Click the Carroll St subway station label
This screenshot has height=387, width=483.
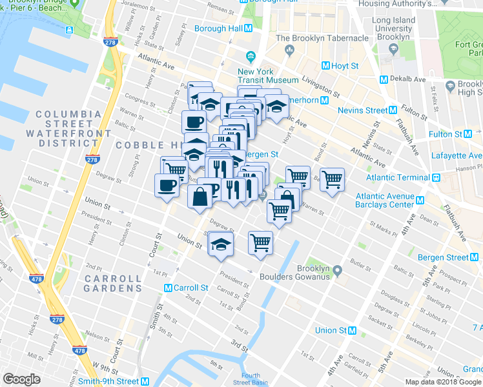tap(190, 288)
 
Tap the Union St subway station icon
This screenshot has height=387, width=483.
tap(353, 330)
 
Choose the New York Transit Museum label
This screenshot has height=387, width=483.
tap(268, 75)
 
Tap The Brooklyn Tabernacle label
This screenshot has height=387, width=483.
tap(322, 38)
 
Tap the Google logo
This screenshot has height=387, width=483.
tap(22, 379)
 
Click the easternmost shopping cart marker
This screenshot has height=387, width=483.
tap(332, 179)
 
